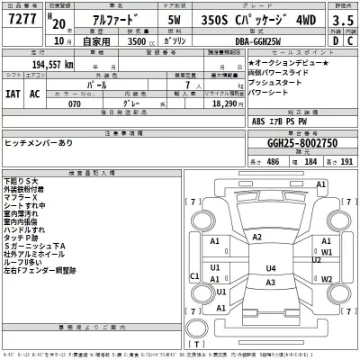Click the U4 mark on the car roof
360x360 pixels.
[x=270, y=268]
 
